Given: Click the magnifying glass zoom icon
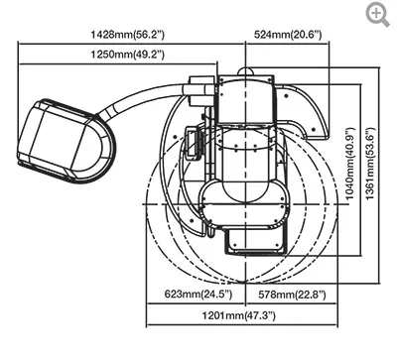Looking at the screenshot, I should (x=377, y=13).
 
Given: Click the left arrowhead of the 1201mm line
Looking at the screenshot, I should (x=150, y=324).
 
